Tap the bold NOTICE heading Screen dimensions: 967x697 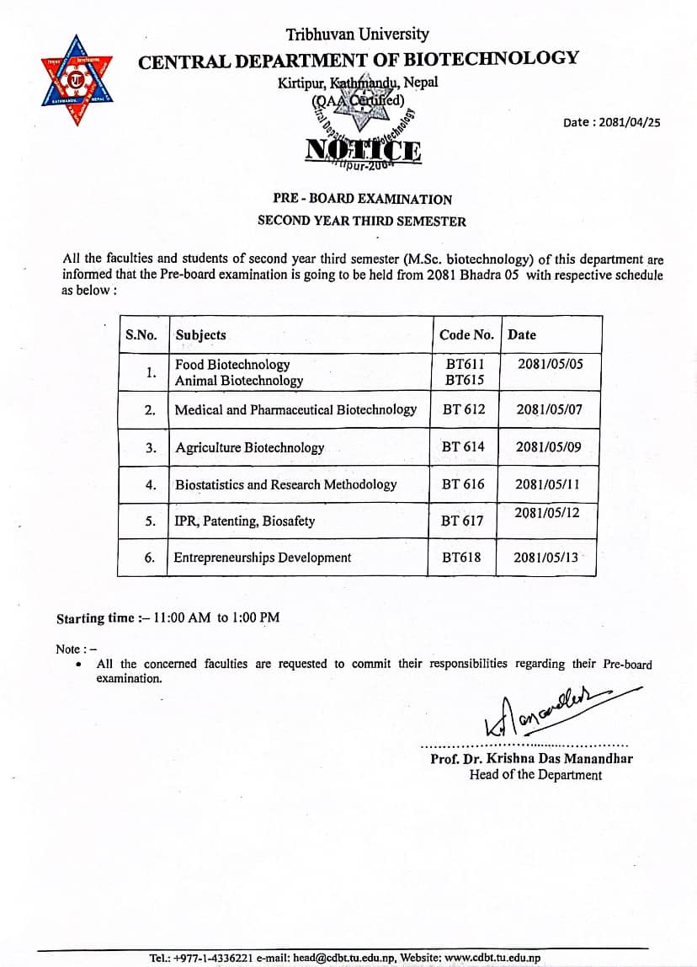click(364, 150)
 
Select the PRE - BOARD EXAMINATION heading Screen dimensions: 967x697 click(362, 200)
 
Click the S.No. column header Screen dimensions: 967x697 click(141, 334)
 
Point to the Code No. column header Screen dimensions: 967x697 click(466, 334)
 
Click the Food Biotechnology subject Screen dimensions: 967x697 click(232, 365)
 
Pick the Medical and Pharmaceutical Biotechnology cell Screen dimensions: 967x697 click(295, 410)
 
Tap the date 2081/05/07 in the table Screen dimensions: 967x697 click(549, 410)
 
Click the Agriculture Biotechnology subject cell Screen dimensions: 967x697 click(249, 447)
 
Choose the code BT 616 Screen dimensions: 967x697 click(463, 484)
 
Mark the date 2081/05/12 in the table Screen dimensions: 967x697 click(547, 513)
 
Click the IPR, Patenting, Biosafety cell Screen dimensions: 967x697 click(244, 521)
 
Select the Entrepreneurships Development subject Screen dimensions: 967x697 click(263, 558)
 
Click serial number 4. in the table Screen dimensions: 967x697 click(151, 484)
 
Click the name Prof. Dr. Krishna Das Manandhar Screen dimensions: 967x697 click(531, 759)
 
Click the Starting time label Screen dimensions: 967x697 click(95, 618)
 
